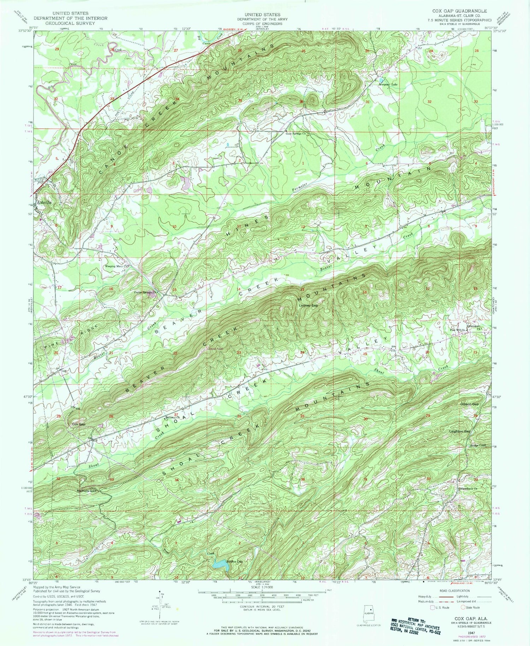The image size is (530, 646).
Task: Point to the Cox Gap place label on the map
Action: pos(78,424)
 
